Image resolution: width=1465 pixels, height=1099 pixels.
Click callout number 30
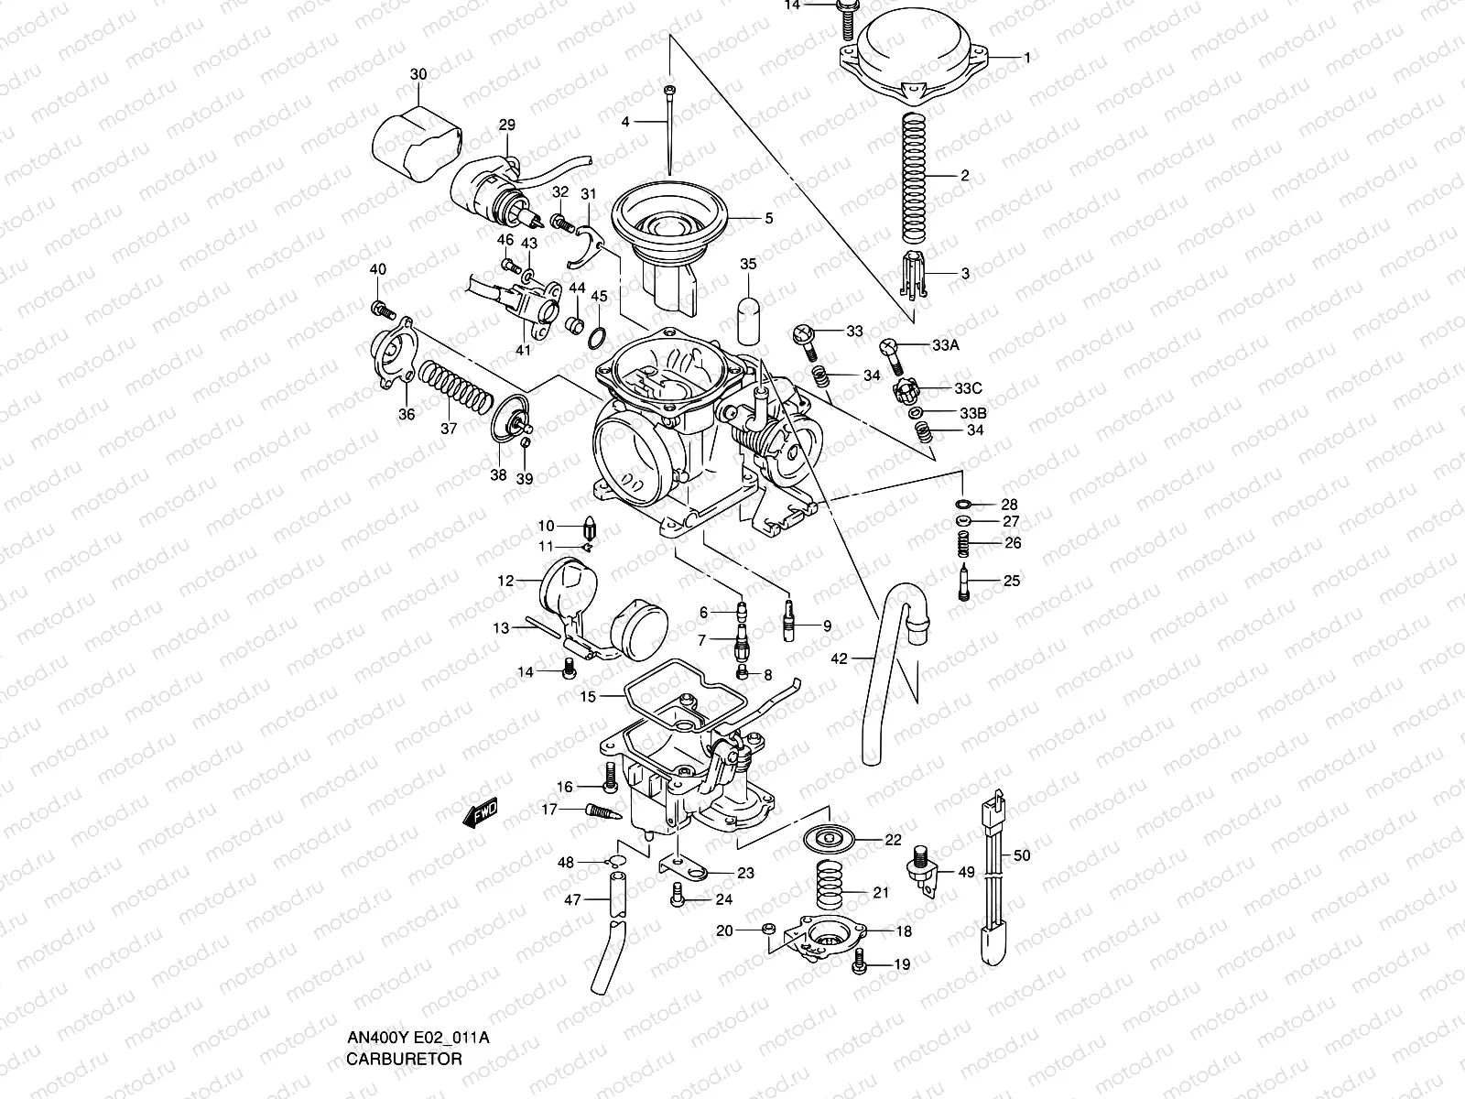[x=418, y=73]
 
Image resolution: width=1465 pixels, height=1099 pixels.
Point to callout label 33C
[x=970, y=387]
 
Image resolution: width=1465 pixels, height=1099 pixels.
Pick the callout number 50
[x=1023, y=855]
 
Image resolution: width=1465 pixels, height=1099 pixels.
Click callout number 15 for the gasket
[x=588, y=697]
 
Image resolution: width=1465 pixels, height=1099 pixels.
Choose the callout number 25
[x=1012, y=581]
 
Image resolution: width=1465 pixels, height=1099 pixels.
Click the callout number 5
[x=769, y=218]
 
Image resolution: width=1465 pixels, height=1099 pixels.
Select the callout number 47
[x=571, y=900]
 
